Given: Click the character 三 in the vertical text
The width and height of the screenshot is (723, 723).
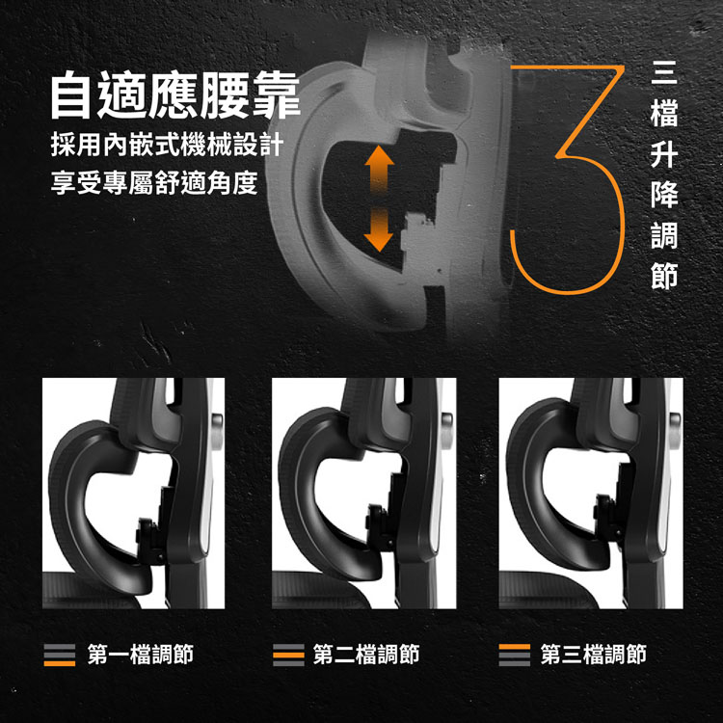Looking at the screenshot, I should click(x=664, y=72).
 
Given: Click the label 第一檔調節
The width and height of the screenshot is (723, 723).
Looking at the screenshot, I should click(x=140, y=656).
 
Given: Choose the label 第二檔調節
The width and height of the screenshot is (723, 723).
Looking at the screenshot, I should click(x=366, y=656).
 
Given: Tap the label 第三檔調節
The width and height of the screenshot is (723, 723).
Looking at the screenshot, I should click(x=593, y=656).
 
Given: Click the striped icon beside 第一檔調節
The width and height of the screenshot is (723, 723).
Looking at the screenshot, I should click(x=60, y=656).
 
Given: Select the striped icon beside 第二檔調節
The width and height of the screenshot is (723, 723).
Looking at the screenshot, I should click(x=286, y=656).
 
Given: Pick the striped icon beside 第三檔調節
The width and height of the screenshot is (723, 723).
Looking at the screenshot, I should click(x=514, y=656).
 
